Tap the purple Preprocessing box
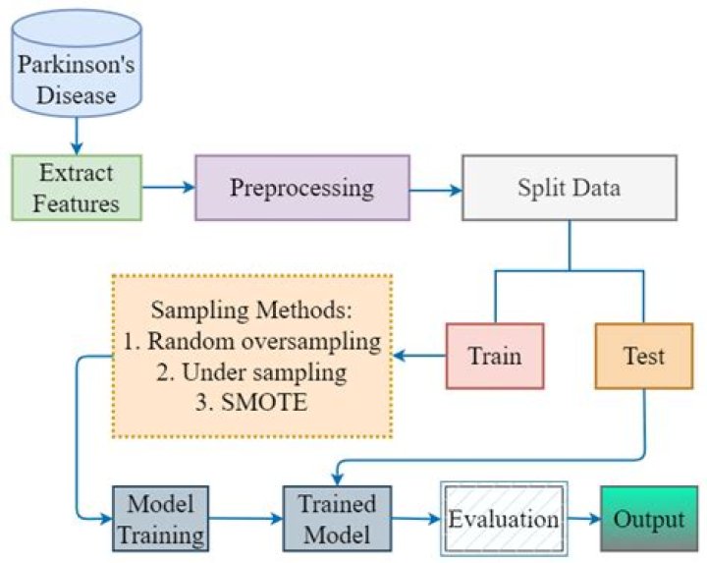tap(301, 188)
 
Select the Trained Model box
tap(336, 520)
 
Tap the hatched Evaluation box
tap(504, 520)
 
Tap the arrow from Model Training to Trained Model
tap(245, 520)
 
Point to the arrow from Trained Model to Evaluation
tap(415, 520)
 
